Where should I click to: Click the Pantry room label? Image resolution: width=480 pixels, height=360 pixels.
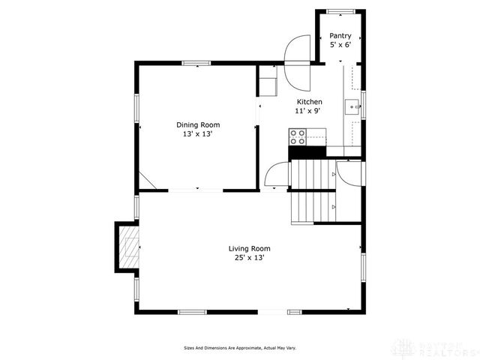[340, 36]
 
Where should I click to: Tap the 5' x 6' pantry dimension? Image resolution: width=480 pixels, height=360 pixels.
[340, 45]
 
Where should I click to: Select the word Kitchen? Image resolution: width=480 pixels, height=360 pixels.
[309, 102]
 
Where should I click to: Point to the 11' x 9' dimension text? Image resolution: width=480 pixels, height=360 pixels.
[307, 111]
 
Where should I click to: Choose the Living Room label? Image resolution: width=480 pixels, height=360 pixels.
[249, 248]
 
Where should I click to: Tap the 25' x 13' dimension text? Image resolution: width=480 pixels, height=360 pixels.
[249, 257]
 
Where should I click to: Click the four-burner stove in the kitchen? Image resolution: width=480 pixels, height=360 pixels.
[297, 136]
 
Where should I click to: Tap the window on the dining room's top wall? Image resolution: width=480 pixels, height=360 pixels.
[197, 63]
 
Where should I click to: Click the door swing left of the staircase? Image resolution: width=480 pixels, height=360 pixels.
[275, 175]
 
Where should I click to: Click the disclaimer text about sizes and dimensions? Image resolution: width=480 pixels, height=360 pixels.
[240, 348]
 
